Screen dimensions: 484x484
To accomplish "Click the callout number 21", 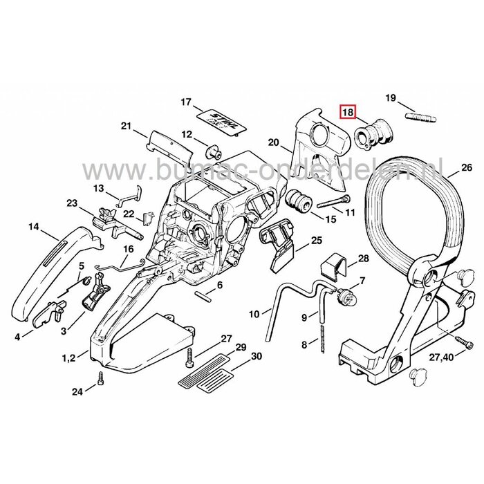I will (x=125, y=126).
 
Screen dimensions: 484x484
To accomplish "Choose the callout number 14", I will (x=33, y=226).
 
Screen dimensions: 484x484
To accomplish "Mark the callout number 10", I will (x=254, y=314).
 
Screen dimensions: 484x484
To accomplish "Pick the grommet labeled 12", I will (x=214, y=151).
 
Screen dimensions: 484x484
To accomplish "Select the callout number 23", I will (x=72, y=203).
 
